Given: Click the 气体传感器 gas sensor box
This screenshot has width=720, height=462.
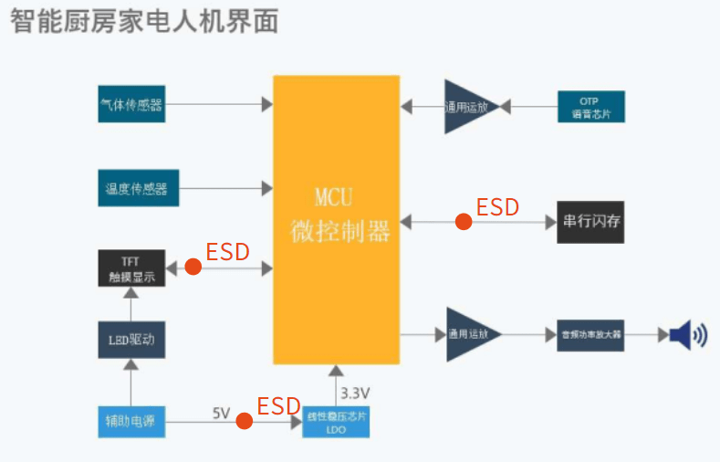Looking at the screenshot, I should [x=131, y=105].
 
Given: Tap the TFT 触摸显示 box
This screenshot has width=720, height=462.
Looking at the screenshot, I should [x=132, y=268].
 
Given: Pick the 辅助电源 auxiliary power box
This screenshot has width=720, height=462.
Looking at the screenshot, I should [x=131, y=421].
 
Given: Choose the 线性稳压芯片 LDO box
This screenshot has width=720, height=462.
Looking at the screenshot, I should [x=336, y=421].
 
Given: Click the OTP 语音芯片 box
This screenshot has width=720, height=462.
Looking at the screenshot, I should [x=590, y=107].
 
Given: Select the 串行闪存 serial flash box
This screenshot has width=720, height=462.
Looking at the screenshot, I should [x=590, y=222].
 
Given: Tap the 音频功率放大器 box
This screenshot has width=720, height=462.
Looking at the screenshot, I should [x=590, y=335].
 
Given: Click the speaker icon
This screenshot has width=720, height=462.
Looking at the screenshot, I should [x=686, y=335].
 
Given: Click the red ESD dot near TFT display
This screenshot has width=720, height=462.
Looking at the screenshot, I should [x=193, y=267].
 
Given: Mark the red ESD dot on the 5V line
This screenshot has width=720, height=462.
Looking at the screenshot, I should [x=244, y=421].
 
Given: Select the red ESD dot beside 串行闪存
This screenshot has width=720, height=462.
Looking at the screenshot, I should [x=464, y=221].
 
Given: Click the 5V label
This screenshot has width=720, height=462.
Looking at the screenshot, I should [x=222, y=413].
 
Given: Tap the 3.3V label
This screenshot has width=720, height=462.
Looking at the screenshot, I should [x=355, y=394].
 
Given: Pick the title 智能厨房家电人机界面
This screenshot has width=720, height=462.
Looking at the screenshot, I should [x=144, y=20].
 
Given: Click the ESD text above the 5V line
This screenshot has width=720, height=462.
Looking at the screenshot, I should [x=278, y=405].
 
